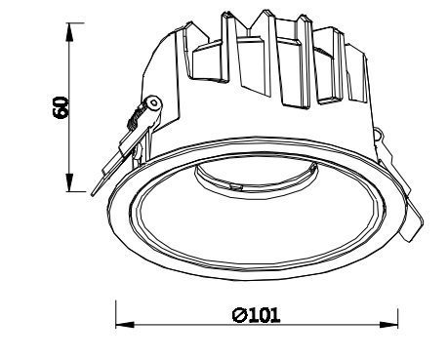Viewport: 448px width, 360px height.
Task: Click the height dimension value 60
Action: (61, 107)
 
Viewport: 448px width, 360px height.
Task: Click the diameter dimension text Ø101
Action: (256, 315)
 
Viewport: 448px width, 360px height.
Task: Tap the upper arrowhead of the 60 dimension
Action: (68, 32)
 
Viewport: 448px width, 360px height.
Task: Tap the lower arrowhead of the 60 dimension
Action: (69, 182)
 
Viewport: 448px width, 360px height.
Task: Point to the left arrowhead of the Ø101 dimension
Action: (125, 324)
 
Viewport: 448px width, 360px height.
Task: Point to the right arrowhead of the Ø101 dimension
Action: (388, 324)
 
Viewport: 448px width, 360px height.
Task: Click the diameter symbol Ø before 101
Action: (239, 315)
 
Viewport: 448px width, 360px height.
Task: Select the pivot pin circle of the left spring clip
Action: (154, 103)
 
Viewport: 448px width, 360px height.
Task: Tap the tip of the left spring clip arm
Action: (93, 195)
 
